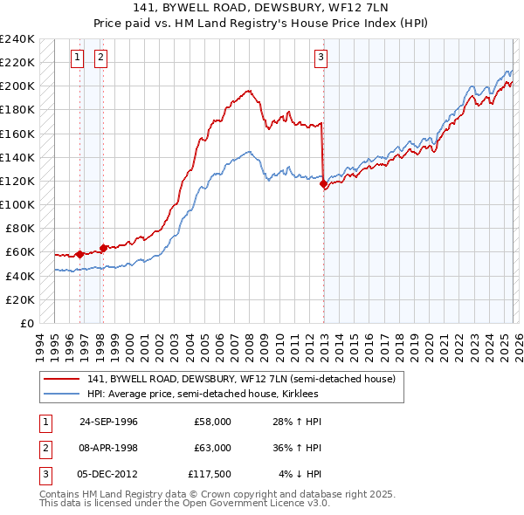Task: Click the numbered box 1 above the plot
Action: (x=78, y=58)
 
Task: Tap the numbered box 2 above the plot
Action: (x=100, y=58)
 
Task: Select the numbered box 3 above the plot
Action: (x=321, y=58)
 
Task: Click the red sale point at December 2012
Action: (x=324, y=184)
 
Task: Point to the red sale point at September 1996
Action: (x=79, y=254)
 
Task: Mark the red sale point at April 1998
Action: (x=103, y=248)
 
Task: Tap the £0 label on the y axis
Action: (x=26, y=323)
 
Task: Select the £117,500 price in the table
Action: (x=207, y=474)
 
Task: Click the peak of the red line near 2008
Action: (x=249, y=90)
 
